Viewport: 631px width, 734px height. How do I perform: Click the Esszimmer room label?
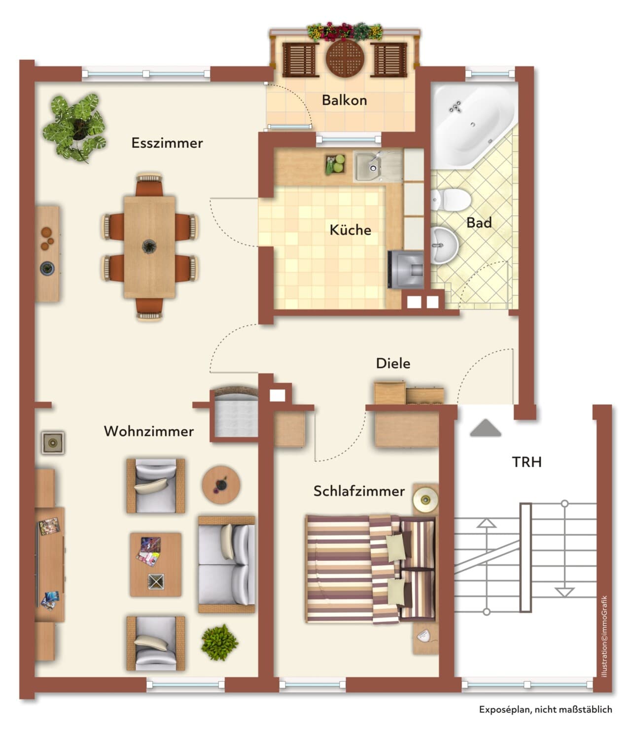(167, 143)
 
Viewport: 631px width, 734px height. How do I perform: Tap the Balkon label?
(344, 100)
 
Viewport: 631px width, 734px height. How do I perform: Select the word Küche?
(350, 230)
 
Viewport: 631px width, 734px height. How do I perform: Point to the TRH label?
(526, 462)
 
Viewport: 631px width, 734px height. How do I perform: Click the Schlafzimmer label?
(359, 491)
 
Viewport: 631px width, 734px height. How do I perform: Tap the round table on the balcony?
(345, 58)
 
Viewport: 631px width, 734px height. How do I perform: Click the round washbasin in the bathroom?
(444, 245)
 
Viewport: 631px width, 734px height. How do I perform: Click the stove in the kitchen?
(406, 270)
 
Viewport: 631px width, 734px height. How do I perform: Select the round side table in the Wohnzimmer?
(221, 485)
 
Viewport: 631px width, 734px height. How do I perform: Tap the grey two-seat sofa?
(226, 564)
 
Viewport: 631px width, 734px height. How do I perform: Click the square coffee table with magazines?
(155, 564)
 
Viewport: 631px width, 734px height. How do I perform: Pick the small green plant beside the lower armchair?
(219, 642)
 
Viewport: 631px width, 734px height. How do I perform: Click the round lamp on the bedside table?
(425, 500)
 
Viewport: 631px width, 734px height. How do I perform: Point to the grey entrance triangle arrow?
(485, 428)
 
